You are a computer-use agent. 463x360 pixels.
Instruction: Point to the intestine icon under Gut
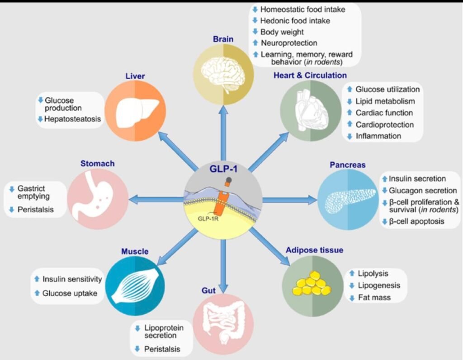point(223,322)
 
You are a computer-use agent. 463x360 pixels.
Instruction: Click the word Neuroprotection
point(289,43)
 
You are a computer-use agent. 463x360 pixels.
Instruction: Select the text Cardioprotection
point(384,124)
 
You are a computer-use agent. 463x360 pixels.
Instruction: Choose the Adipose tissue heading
point(314,250)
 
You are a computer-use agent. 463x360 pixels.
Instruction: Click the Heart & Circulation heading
point(310,75)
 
